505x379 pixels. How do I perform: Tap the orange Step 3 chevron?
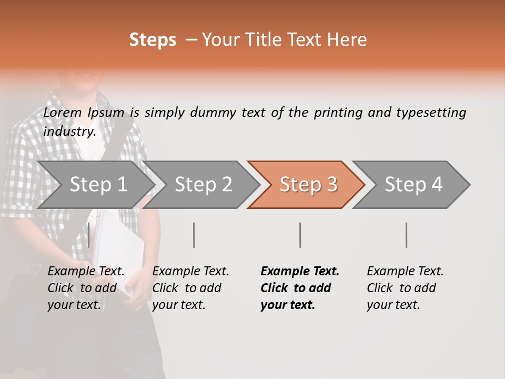(x=308, y=185)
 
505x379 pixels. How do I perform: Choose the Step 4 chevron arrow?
(x=413, y=185)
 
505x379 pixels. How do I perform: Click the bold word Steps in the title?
(x=153, y=40)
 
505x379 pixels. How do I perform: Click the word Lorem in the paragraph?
(x=62, y=113)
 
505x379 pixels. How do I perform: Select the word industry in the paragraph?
(x=68, y=132)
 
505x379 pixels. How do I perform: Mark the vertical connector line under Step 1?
(x=89, y=235)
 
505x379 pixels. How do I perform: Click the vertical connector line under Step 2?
(x=194, y=235)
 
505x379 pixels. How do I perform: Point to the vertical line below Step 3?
(x=300, y=235)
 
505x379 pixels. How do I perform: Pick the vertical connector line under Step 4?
(x=407, y=235)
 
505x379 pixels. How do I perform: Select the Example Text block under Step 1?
(x=86, y=288)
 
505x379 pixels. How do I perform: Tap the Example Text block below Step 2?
(x=190, y=288)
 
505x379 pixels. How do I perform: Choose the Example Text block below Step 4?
(x=405, y=288)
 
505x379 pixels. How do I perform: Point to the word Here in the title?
(x=348, y=40)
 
